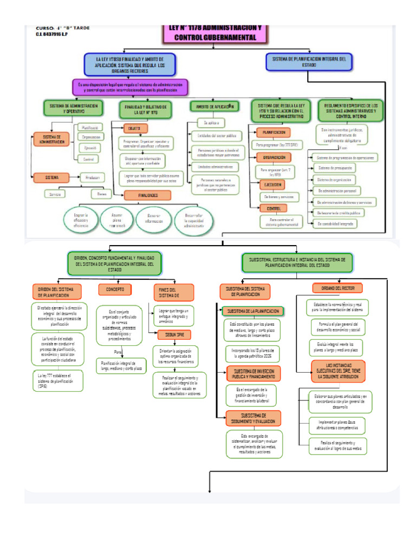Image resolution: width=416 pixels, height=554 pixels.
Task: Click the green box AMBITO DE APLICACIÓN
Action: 214,107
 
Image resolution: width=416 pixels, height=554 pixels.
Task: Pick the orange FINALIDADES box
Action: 147,195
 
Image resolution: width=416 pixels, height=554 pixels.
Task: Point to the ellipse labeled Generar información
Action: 147,219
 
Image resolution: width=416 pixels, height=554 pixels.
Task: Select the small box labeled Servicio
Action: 55,193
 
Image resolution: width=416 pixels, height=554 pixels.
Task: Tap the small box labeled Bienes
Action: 101,193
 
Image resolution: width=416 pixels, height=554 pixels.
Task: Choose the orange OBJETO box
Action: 134,129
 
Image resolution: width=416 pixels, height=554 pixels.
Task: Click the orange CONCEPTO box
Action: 115,289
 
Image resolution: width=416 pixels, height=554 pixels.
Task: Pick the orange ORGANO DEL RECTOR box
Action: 337,288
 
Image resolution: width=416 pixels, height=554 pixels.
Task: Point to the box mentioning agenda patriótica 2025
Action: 252,354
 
